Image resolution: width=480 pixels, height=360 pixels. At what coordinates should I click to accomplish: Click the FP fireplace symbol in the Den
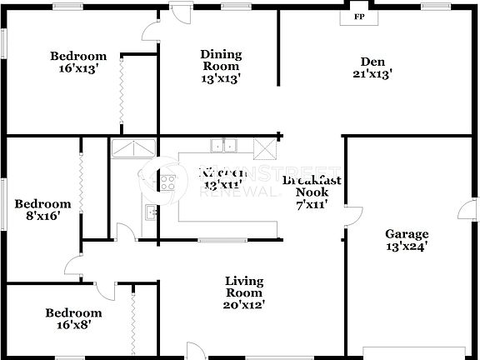coord(359,16)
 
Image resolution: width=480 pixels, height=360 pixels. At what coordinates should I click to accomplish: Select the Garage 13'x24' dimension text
coord(406,246)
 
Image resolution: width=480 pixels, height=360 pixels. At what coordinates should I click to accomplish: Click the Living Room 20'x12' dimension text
coord(244,305)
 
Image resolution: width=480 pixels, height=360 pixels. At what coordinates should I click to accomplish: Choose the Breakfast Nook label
coord(311,191)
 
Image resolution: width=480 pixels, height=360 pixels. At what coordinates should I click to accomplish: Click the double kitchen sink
coord(223,146)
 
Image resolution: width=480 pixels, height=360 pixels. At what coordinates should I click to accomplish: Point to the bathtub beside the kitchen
coord(132,148)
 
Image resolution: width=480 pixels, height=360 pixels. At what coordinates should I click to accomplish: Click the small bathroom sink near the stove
coord(151,212)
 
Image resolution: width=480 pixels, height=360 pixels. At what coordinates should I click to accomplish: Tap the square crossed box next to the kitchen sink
coord(264,148)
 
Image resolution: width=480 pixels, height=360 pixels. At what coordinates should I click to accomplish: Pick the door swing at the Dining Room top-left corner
coord(150,32)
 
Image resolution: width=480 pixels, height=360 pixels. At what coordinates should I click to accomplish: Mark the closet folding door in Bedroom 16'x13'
coord(122,94)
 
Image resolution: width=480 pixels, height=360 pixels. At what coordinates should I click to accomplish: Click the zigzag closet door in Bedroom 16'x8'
coord(133,320)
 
